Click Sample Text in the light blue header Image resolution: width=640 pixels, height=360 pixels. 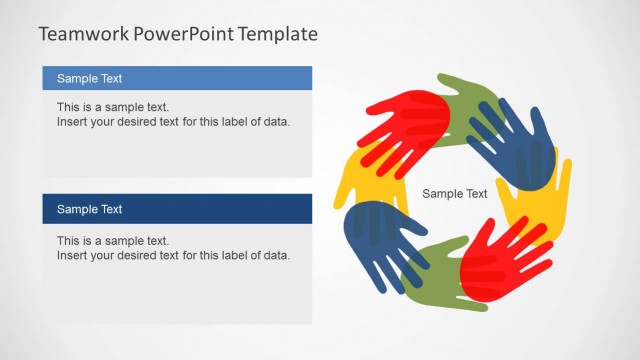89,78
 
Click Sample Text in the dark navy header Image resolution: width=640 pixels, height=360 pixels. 89,209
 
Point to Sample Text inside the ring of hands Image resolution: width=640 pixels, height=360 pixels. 455,194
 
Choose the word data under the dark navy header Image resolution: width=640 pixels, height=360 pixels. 276,255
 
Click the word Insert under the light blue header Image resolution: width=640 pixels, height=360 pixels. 72,122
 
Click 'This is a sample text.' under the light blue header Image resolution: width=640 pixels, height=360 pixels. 113,107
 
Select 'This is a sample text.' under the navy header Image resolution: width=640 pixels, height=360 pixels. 113,240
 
